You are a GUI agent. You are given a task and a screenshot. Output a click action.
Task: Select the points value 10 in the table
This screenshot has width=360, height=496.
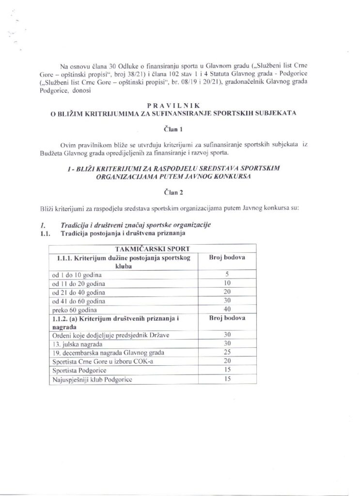point(226,283)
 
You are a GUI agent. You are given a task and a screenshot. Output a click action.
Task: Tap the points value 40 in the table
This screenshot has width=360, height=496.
point(226,310)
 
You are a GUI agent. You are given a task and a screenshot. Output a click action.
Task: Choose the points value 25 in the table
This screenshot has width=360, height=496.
point(226,352)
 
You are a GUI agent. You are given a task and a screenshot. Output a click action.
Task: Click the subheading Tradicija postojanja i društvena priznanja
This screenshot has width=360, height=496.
point(127,233)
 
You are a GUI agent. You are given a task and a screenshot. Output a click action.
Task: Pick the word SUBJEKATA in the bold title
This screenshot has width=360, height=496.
point(277,113)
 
